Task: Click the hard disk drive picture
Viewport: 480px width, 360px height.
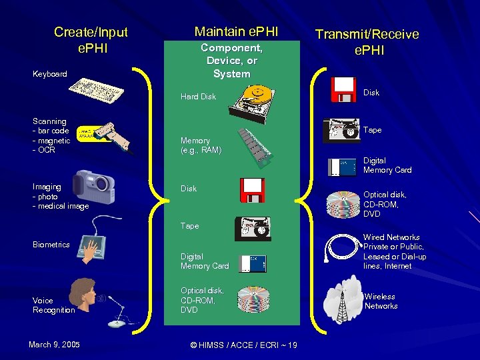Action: coord(253,104)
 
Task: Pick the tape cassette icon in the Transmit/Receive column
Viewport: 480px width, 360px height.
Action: coord(341,131)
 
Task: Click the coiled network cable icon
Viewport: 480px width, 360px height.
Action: coord(342,250)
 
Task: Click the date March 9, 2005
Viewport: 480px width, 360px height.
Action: coord(54,345)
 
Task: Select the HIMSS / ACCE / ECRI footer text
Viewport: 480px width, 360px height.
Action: coord(243,345)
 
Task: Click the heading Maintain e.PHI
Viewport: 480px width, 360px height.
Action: coord(236,31)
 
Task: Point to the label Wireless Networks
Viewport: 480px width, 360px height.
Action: coord(381,301)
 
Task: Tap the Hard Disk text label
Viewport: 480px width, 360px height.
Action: coord(198,97)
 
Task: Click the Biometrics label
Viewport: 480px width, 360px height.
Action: coord(51,245)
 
